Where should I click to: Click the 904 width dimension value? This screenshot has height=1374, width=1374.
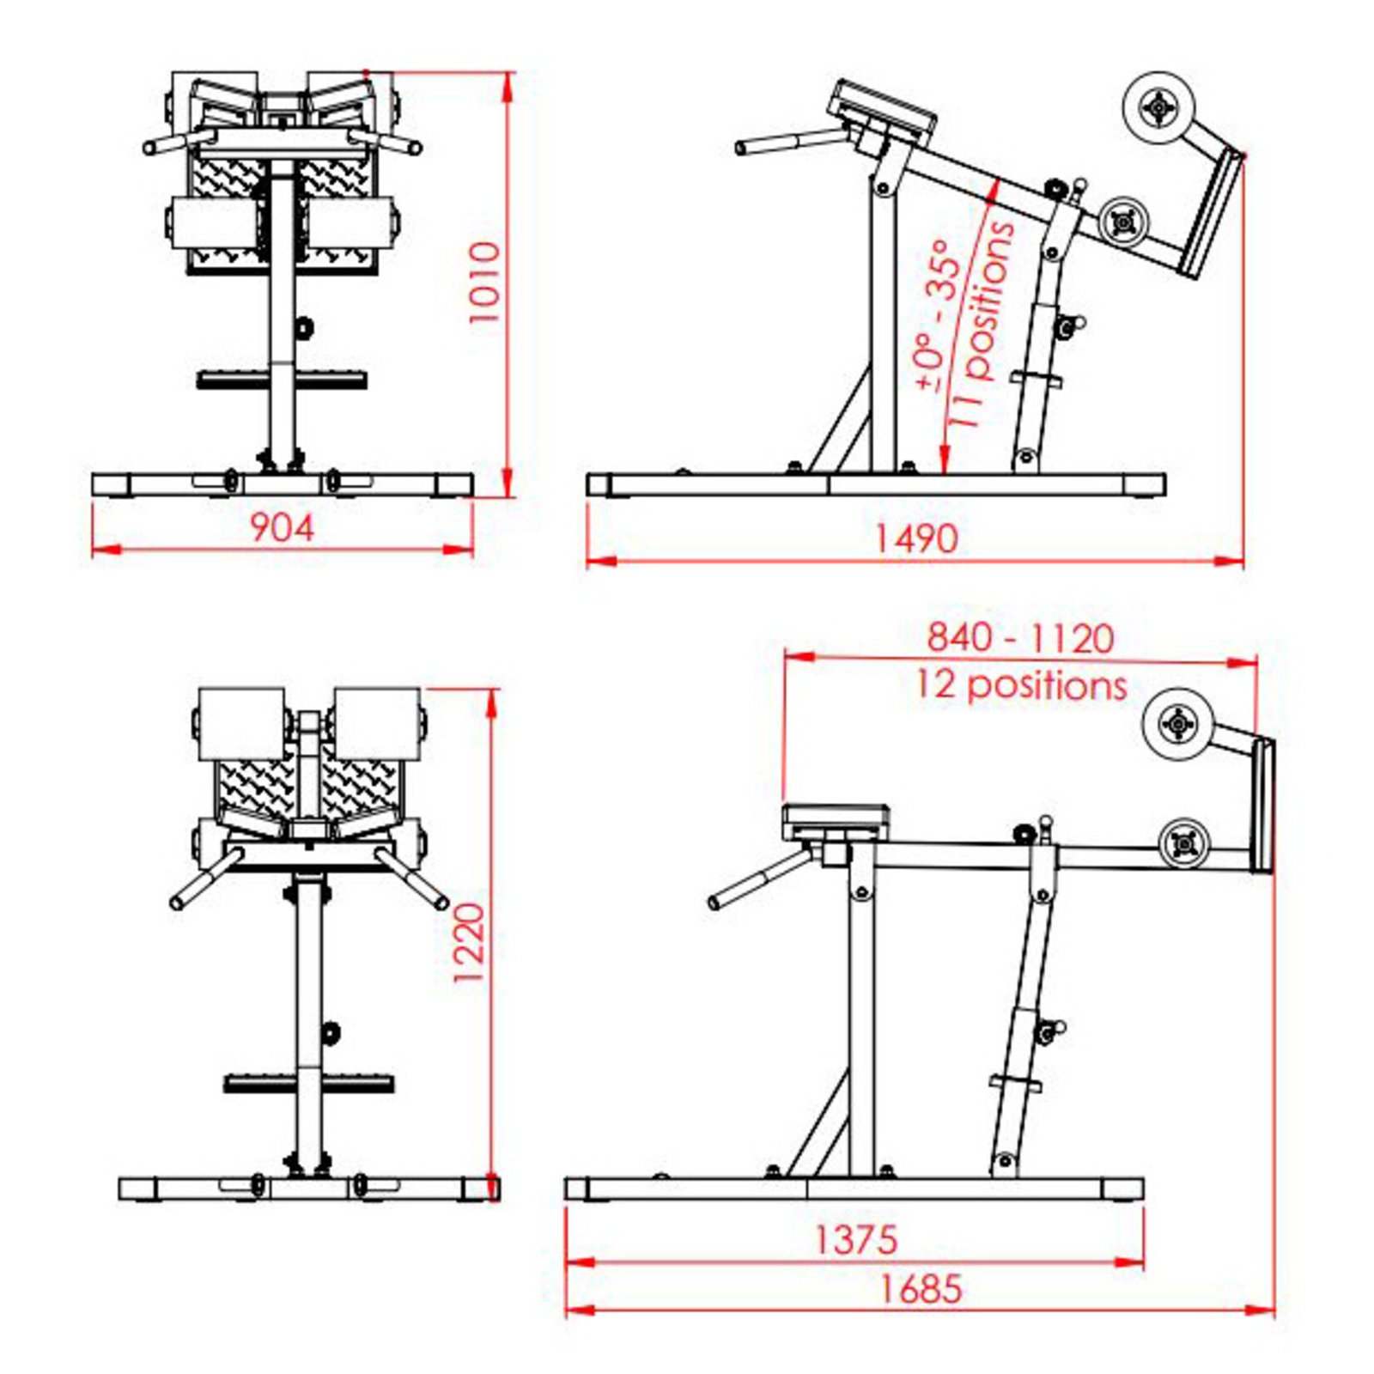click(282, 527)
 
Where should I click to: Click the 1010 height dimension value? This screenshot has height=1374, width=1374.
click(484, 282)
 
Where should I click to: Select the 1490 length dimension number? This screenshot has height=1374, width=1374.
click(915, 538)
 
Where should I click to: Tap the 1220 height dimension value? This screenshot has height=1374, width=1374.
click(471, 943)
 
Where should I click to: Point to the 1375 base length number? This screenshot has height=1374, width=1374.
click(854, 1239)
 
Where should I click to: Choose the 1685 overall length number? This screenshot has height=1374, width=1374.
click(921, 1289)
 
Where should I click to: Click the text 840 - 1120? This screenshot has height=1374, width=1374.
click(1019, 638)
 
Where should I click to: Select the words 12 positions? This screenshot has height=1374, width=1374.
click(1019, 685)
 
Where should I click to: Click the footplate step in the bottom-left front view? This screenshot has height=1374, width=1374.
click(309, 1083)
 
